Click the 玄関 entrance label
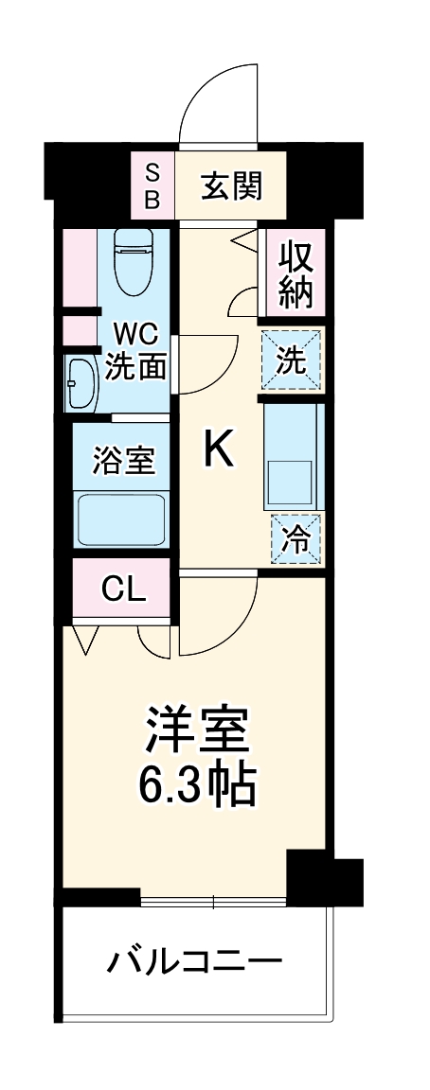coord(230,186)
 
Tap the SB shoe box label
coord(153,186)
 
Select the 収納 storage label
coord(295,272)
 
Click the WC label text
coord(135,335)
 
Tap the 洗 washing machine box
coord(292,359)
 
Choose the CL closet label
coord(124,589)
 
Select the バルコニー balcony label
coord(194,963)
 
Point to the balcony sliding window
coord(213,901)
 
